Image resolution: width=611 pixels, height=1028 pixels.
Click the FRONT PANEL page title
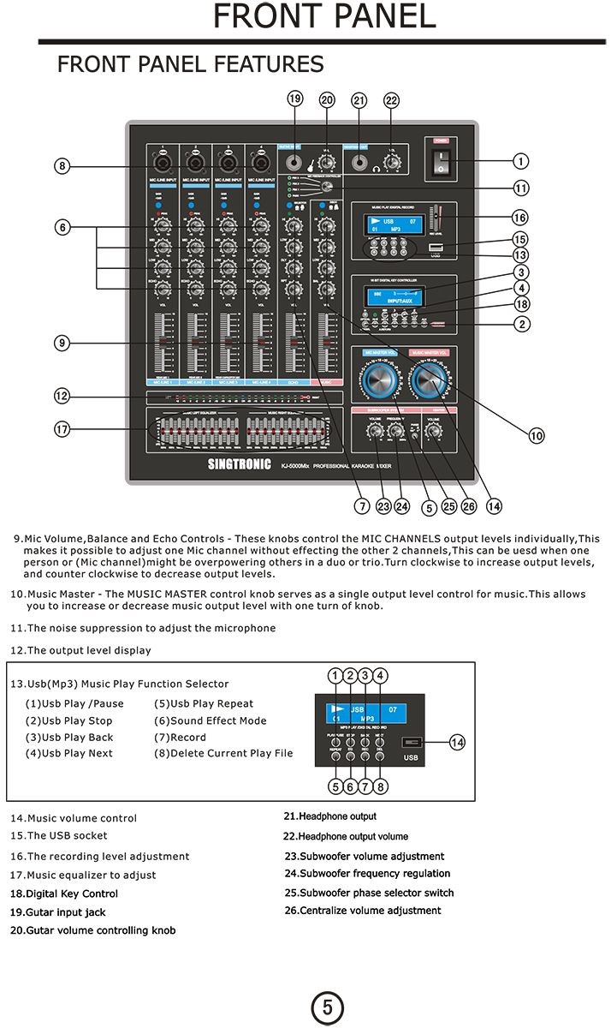(323, 17)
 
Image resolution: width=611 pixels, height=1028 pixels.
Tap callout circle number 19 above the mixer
(295, 99)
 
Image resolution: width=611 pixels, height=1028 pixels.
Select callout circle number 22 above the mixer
(392, 100)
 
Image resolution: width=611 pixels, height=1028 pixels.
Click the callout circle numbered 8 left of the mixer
(62, 166)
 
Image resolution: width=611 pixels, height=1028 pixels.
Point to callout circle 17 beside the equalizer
(62, 428)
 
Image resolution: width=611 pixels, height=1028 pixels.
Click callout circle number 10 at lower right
(537, 436)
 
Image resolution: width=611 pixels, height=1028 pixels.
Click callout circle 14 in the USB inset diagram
(458, 743)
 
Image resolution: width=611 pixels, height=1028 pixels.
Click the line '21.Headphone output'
(329, 816)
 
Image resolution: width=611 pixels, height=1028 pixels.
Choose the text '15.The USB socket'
(59, 835)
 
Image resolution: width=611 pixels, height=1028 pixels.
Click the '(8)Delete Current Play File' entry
(223, 754)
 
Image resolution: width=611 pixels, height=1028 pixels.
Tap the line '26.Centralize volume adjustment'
(363, 911)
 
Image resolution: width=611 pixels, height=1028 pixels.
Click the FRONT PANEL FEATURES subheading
(190, 64)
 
